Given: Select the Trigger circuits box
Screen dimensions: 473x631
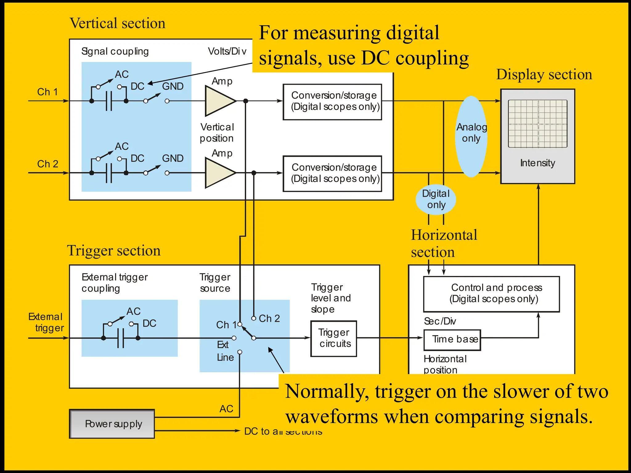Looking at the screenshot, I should point(334,338).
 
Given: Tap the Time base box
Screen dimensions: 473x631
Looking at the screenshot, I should point(452,340).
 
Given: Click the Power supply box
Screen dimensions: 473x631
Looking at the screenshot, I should point(112,424).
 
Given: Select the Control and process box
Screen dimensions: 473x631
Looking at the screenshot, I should point(491,294).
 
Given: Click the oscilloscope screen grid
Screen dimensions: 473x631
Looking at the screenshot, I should point(537,124).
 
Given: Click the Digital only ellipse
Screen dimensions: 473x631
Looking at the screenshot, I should point(436,199).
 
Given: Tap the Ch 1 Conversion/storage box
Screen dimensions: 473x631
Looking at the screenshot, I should point(332,102).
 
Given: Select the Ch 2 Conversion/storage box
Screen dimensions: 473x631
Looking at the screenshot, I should point(332,173).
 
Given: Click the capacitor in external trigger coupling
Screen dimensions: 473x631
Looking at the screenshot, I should point(121,338).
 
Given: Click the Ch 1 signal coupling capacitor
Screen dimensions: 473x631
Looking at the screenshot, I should point(109,101).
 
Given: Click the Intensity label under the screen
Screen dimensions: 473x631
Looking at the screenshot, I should point(537,163).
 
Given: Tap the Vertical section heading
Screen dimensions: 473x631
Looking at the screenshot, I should point(117,23).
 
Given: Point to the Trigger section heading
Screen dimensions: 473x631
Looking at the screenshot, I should point(114,250).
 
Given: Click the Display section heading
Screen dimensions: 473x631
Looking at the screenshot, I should point(544,75).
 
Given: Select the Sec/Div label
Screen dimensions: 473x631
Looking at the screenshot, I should point(440,321).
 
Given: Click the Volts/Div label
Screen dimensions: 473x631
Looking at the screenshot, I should point(227,51).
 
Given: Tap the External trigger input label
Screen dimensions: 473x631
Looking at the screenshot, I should point(46,322).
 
